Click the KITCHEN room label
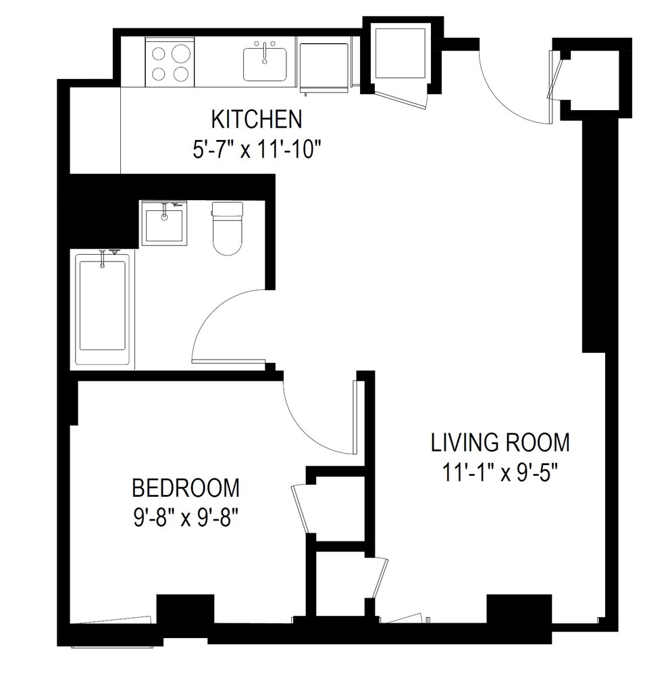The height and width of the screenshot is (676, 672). [x=256, y=120]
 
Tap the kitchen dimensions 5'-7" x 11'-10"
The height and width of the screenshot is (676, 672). [x=256, y=148]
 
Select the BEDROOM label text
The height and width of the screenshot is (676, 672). [x=186, y=487]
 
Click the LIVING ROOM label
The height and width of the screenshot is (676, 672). [x=500, y=443]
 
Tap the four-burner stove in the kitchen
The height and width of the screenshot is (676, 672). [x=170, y=62]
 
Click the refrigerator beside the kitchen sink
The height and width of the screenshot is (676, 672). [x=324, y=66]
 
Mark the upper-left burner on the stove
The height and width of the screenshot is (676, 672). [x=160, y=52]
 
